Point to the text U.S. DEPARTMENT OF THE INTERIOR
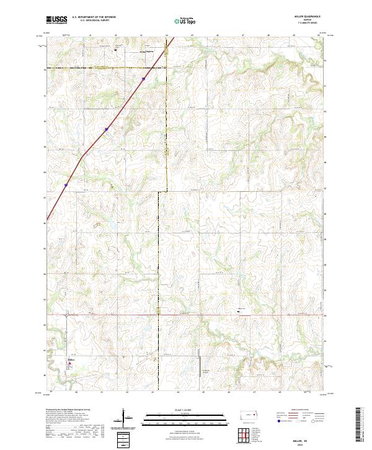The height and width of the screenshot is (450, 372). (94, 17)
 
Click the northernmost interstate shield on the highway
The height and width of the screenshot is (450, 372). (143, 79)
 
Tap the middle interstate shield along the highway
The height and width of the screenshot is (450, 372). (106, 129)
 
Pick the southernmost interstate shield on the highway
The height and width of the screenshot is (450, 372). (66, 184)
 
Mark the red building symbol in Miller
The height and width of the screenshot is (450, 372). (69, 364)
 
